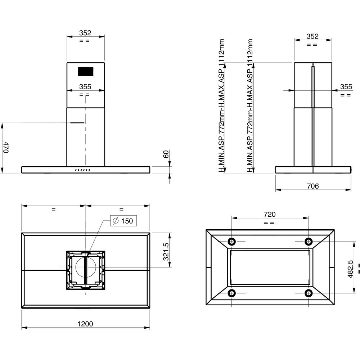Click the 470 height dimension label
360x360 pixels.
tap(6, 148)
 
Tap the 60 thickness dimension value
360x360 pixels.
tap(166, 154)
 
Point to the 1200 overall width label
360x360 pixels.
tap(85, 324)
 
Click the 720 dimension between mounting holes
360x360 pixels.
tap(270, 214)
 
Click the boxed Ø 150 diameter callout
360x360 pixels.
tap(123, 221)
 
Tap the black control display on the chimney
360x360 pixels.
tap(86, 72)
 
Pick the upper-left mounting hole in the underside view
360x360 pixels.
tap(231, 241)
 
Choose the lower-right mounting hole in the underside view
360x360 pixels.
tap(308, 293)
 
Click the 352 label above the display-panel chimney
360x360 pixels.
tap(85, 33)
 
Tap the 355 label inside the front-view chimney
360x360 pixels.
tap(85, 87)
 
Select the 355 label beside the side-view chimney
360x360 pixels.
tap(346, 86)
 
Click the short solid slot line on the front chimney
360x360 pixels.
tap(77, 123)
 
